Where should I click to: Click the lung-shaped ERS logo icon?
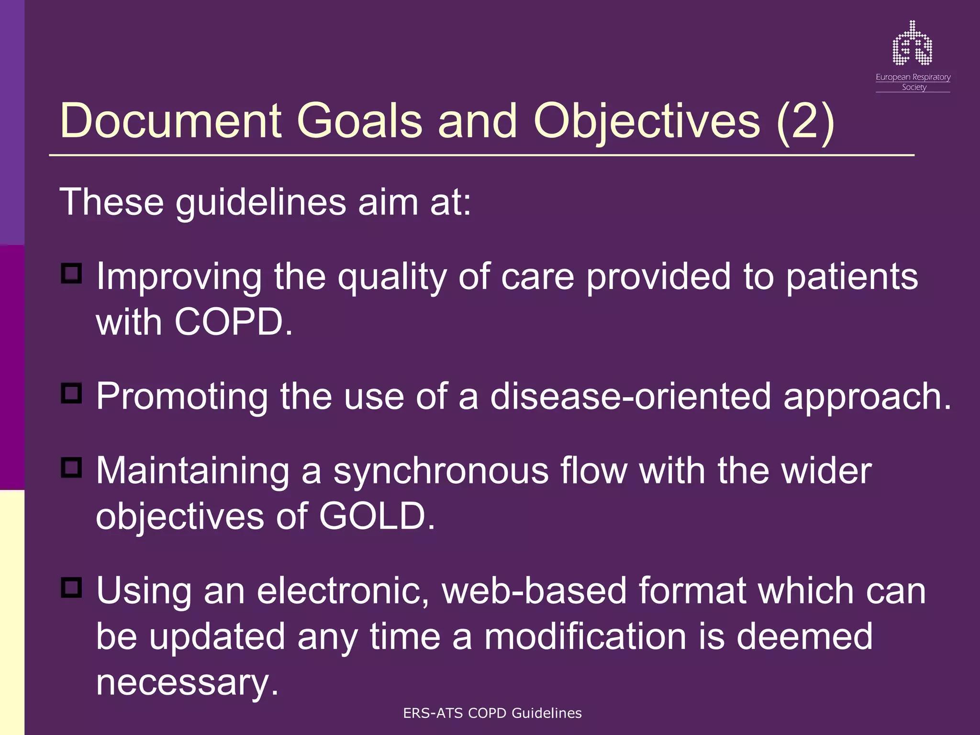pyautogui.click(x=913, y=44)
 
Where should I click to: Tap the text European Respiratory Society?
pyautogui.click(x=913, y=82)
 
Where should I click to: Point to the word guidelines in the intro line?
pyautogui.click(x=261, y=202)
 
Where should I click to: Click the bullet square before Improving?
pyautogui.click(x=72, y=274)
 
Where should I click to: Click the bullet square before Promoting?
pyautogui.click(x=72, y=393)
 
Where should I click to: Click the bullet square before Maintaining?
pyautogui.click(x=72, y=468)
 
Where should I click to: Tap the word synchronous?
pyautogui.click(x=441, y=471)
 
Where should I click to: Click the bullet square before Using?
pyautogui.click(x=72, y=587)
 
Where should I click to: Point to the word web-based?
pyautogui.click(x=534, y=591)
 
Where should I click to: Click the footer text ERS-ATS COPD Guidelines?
pyautogui.click(x=492, y=713)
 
